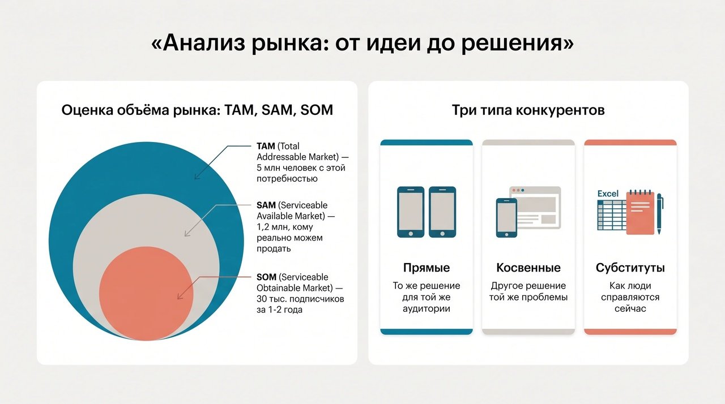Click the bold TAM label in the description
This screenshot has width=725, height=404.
[266, 146]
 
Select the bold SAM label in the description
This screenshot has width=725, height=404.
[266, 205]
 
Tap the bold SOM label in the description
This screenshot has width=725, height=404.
[266, 277]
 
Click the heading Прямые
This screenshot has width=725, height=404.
[427, 268]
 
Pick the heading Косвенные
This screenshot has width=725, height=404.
[528, 268]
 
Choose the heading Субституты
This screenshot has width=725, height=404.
[630, 268]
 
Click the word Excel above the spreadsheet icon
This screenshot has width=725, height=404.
[608, 194]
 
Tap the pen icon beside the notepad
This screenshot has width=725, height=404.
[660, 214]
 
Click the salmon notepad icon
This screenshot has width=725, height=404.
[640, 212]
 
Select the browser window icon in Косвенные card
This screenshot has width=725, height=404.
[535, 208]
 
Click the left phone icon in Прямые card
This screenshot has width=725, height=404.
[411, 212]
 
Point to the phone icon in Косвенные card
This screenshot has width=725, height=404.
[506, 218]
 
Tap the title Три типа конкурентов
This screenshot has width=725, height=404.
[528, 110]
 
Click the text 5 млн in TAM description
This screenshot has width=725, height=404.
[268, 167]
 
